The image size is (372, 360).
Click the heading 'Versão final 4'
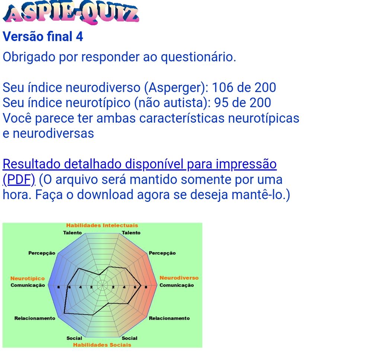click(43, 36)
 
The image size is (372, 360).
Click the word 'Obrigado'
click(29, 57)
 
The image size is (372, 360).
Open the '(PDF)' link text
click(19, 180)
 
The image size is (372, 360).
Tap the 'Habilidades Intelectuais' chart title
click(102, 225)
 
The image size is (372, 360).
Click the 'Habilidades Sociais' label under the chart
click(102, 345)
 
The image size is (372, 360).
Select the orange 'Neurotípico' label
click(28, 279)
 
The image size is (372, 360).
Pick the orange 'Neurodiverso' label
click(179, 278)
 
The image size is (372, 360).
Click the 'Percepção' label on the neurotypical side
click(42, 253)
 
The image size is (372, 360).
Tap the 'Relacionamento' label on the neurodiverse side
click(169, 318)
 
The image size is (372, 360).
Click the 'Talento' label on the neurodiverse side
click(131, 233)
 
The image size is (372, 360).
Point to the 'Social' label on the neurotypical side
click(74, 338)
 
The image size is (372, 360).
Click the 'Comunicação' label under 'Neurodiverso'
click(177, 285)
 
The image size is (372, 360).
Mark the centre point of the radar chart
click(103, 285)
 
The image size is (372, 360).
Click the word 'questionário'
click(199, 57)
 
